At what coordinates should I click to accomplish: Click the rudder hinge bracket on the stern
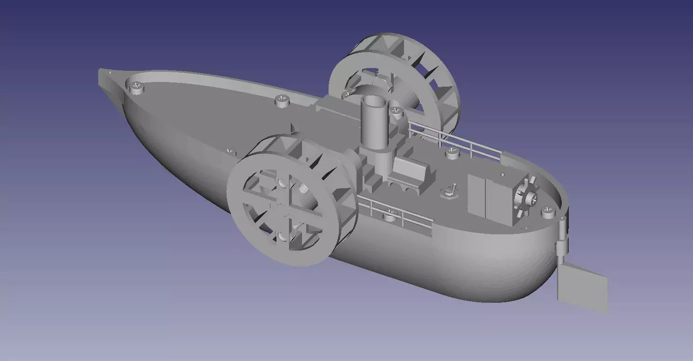[x=562, y=238]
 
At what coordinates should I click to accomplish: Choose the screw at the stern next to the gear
[x=548, y=212]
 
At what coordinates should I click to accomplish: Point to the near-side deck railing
[x=396, y=212]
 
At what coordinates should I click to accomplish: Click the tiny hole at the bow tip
[x=110, y=73]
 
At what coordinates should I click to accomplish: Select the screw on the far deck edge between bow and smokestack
[x=282, y=100]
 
